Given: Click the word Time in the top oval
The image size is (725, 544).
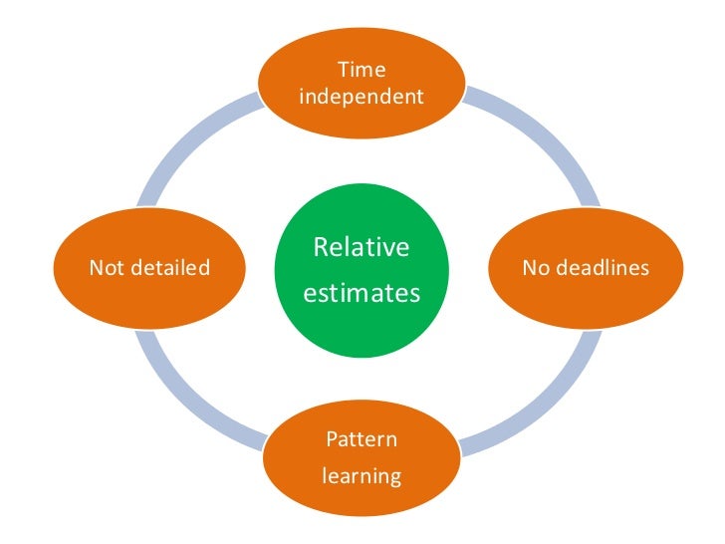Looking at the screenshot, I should point(362,70).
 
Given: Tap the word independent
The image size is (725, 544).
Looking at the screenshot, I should point(362,97).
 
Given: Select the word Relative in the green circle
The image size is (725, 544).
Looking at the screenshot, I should point(362,247).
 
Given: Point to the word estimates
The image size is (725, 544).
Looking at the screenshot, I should point(362,295).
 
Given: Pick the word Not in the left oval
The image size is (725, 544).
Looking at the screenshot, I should point(105,267).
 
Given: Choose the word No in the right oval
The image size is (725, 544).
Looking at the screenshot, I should point(535,267).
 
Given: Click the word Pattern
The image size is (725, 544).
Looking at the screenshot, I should point(362,438).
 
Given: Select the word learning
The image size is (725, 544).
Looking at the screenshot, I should point(362,476).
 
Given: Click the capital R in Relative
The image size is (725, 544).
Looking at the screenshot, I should point(321,247).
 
